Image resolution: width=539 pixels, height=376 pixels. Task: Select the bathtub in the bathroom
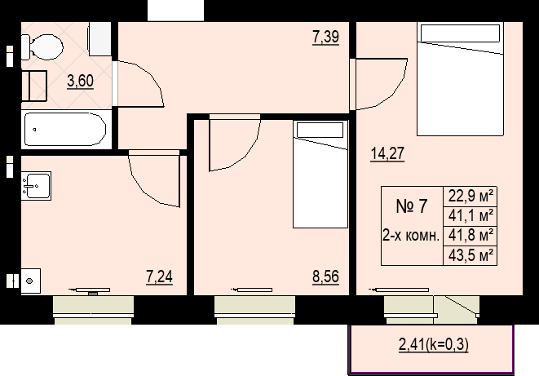point(64,129)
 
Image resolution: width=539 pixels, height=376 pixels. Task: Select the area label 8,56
point(325,278)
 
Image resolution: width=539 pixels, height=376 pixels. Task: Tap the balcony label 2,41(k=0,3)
point(433,344)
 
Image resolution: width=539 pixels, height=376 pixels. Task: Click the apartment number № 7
point(412,206)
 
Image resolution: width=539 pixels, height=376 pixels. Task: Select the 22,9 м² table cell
point(471,197)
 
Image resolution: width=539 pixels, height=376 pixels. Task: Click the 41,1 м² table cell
point(471,216)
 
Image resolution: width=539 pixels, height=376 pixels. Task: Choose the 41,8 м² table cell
point(471,236)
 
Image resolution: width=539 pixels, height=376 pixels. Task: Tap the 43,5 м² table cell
point(471,255)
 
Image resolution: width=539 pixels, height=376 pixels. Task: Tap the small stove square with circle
point(29,280)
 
